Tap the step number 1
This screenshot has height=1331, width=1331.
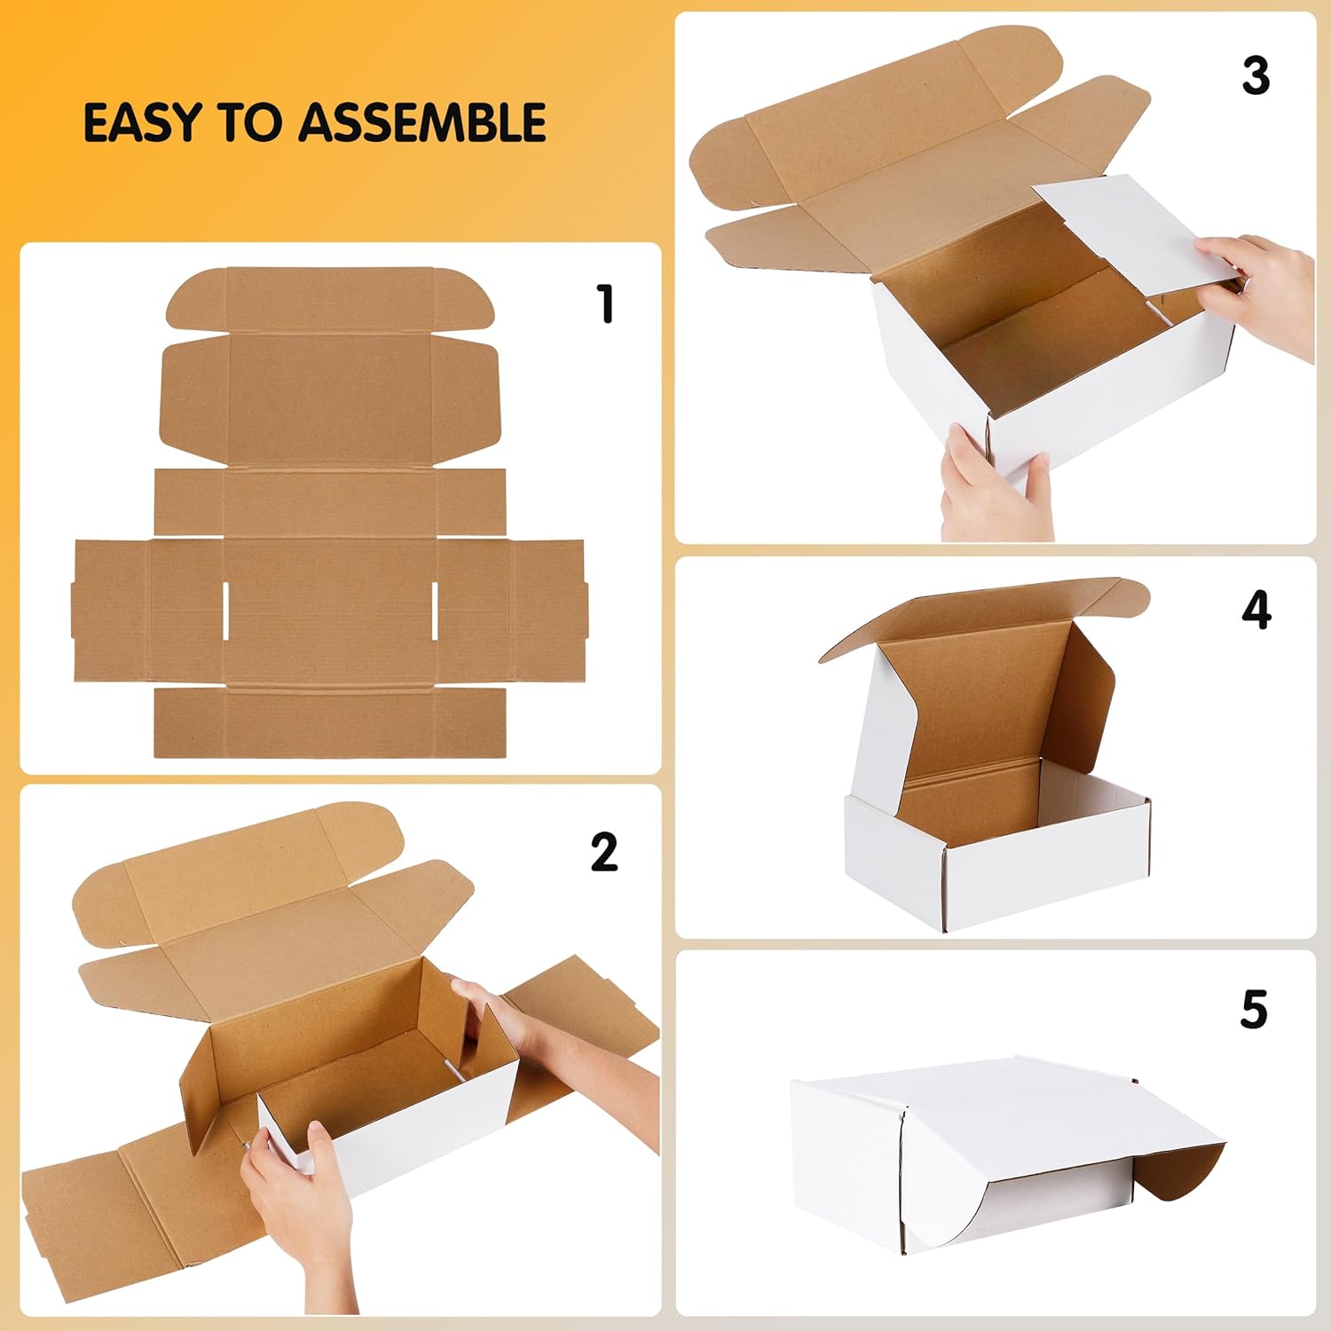click(x=606, y=304)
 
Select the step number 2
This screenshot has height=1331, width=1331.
click(x=604, y=853)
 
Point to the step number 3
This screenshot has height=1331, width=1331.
click(x=1256, y=76)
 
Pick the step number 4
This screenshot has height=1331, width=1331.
click(x=1256, y=610)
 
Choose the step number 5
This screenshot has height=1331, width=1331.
click(x=1254, y=1010)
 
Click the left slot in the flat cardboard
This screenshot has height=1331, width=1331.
click(x=226, y=610)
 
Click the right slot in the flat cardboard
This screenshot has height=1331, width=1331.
click(x=435, y=610)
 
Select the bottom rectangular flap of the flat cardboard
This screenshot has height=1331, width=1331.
click(x=330, y=723)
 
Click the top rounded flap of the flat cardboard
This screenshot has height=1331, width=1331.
click(x=330, y=298)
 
